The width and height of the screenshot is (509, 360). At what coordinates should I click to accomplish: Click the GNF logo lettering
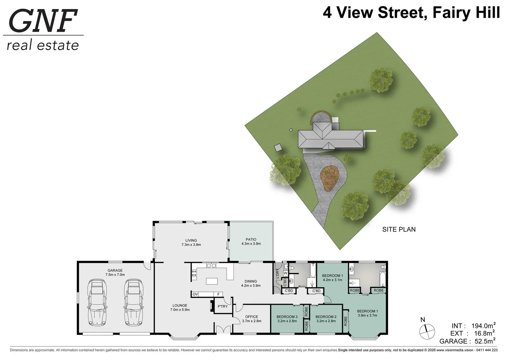(43, 21)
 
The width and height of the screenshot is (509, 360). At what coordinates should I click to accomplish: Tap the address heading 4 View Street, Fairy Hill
(411, 13)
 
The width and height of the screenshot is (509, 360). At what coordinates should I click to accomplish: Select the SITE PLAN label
(399, 229)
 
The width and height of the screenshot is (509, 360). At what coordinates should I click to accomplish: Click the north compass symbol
(427, 331)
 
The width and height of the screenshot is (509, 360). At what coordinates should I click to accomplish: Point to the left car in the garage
(97, 302)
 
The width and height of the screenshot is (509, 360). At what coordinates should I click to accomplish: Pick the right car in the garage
(134, 302)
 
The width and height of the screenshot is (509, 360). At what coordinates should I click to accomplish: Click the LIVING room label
(191, 240)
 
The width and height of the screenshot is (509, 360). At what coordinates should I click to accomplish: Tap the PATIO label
(251, 239)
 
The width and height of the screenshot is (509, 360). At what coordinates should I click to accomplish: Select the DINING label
(250, 281)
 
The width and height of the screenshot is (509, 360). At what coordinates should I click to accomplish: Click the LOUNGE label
(180, 305)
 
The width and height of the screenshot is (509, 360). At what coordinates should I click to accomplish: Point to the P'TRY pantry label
(222, 306)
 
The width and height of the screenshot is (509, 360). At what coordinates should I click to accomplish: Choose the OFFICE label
(251, 317)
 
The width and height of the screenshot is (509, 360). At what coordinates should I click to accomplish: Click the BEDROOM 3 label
(287, 317)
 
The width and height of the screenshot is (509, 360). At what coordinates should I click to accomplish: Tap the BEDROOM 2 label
(326, 317)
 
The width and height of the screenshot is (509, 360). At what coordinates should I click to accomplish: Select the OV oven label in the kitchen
(195, 294)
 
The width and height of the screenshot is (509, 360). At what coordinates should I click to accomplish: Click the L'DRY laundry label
(277, 274)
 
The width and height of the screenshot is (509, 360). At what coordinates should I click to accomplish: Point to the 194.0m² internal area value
(483, 326)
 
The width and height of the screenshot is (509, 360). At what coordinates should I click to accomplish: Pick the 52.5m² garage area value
(484, 341)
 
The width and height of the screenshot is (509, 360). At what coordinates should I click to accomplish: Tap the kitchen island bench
(211, 281)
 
